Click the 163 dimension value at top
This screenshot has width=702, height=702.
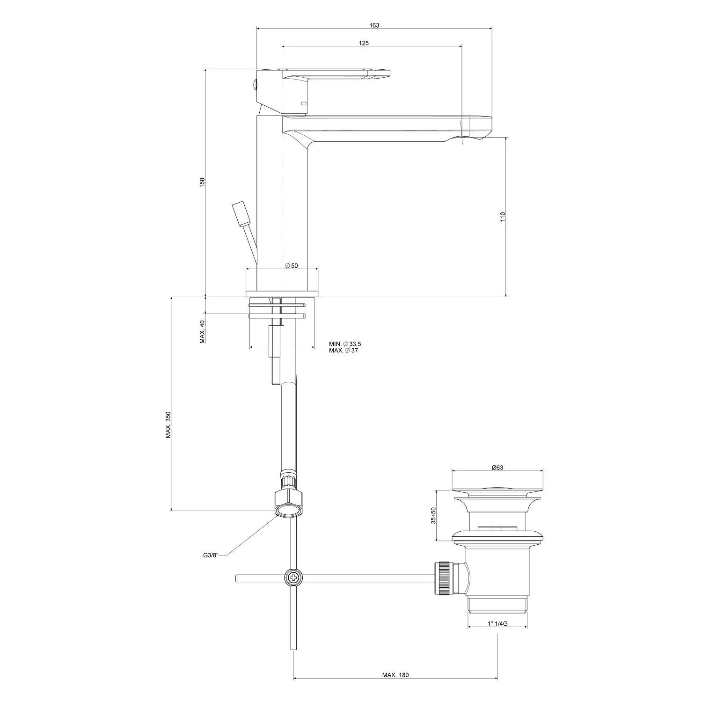pyautogui.click(x=374, y=25)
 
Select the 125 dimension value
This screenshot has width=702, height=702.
pyautogui.click(x=364, y=43)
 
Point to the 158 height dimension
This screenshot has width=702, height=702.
pyautogui.click(x=202, y=183)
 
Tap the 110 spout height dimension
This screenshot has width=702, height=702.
pyautogui.click(x=503, y=217)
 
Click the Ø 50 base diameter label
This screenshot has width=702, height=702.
pyautogui.click(x=292, y=266)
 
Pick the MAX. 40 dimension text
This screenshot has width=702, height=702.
pyautogui.click(x=202, y=332)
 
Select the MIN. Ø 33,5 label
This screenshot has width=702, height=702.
pyautogui.click(x=345, y=344)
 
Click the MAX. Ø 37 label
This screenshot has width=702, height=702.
pyautogui.click(x=343, y=351)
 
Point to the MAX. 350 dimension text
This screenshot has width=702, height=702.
pyautogui.click(x=168, y=425)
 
